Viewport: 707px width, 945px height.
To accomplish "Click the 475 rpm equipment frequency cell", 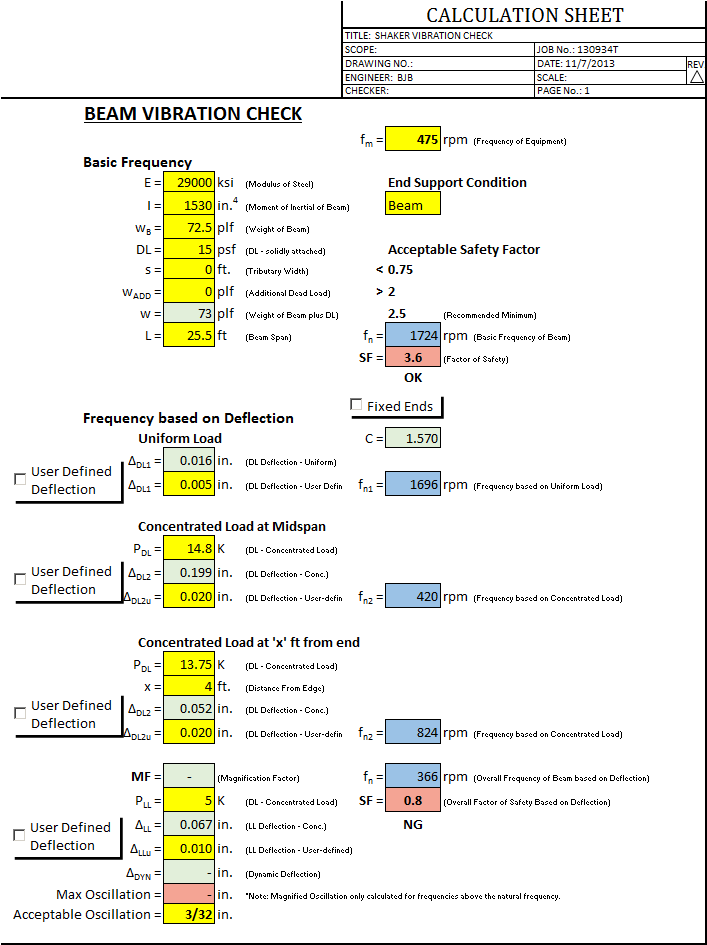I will pos(413,140).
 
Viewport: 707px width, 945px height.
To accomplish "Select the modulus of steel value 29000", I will pos(188,183).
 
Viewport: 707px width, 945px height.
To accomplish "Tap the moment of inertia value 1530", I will pos(188,205).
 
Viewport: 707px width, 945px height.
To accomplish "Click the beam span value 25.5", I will pos(188,336).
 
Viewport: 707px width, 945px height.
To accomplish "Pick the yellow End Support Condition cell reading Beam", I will pos(413,205).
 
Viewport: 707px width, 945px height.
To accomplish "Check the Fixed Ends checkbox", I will pos(357,405).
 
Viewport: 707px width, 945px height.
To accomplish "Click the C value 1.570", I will pos(413,438).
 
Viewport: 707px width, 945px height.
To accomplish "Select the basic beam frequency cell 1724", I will pos(413,336).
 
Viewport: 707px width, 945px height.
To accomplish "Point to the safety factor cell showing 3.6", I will pos(413,358).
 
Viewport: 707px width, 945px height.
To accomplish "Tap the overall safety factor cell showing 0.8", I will pos(413,800).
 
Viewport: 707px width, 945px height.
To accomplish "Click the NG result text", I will pos(413,824).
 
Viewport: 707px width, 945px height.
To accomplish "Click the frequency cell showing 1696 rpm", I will pos(413,485).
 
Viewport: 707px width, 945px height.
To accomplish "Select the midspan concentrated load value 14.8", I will pos(188,549).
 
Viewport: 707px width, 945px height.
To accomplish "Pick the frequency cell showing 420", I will pos(413,597).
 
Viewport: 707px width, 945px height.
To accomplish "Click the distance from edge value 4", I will pos(188,687).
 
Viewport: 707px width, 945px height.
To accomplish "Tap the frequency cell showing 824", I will pos(413,733).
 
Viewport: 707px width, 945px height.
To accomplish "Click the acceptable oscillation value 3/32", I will pos(188,915).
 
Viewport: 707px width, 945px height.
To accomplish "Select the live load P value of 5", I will pos(188,800).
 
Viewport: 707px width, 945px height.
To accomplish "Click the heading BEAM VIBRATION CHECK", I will pos(193,114).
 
